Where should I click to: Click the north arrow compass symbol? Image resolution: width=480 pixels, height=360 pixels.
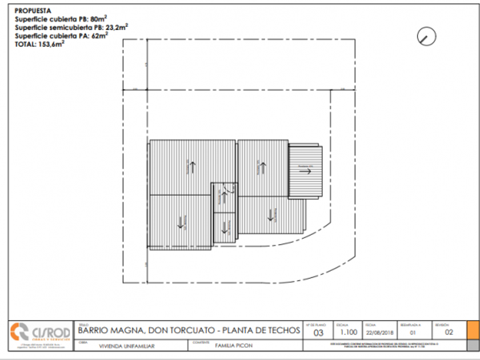point(426,37)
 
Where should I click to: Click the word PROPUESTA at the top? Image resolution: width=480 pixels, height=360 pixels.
point(33,10)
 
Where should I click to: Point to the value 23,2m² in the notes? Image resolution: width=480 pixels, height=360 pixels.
point(118,26)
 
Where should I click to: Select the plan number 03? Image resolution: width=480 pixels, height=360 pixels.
point(319,333)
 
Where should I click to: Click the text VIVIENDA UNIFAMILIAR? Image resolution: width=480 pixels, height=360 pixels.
point(127,346)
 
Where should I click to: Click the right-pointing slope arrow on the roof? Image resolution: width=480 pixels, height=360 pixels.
point(305,170)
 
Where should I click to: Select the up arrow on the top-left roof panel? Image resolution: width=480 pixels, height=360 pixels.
point(193,167)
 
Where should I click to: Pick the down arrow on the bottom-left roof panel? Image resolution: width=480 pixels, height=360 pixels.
point(182,222)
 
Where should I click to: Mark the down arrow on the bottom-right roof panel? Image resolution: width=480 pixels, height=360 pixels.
point(273,214)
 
